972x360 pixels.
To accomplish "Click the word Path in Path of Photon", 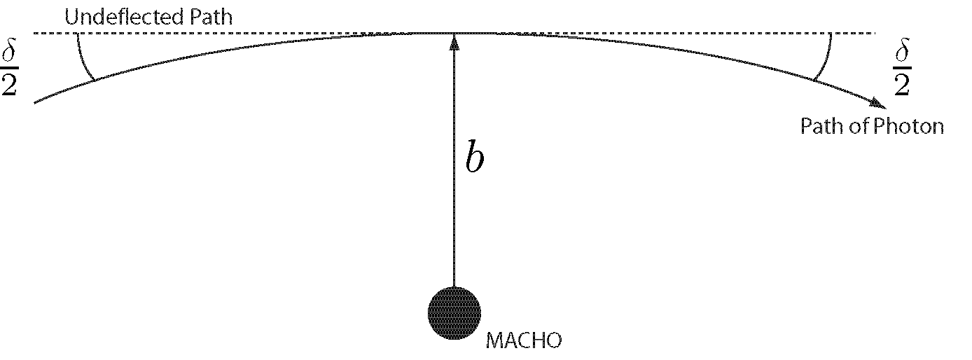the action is click(x=821, y=127).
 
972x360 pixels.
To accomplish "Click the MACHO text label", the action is click(x=524, y=341).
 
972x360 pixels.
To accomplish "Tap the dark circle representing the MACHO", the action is click(x=454, y=313).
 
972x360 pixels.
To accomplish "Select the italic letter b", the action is click(x=474, y=160).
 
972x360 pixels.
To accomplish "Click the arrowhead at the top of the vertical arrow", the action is click(x=454, y=41).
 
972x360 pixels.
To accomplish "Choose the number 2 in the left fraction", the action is click(x=10, y=85).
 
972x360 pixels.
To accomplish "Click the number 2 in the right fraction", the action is click(x=903, y=85).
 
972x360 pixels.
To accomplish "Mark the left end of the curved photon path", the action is click(x=35, y=103).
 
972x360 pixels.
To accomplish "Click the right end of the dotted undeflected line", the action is click(x=875, y=33).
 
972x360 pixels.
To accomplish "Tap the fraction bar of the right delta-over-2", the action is click(x=903, y=69).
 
